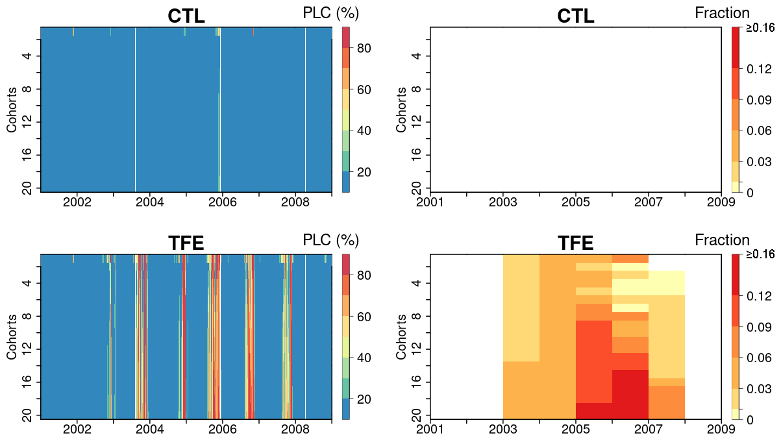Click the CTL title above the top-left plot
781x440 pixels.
[x=186, y=16]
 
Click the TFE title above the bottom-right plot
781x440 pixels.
[x=576, y=243]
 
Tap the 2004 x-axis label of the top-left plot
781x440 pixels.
[x=149, y=202]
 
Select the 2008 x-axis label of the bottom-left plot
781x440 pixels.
[x=295, y=430]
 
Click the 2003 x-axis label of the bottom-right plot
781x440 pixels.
[x=503, y=430]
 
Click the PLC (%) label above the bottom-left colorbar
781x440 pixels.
[x=331, y=240]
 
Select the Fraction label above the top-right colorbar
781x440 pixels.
[x=722, y=13]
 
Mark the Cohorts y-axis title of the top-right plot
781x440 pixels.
[x=402, y=109]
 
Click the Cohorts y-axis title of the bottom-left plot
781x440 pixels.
[x=12, y=336]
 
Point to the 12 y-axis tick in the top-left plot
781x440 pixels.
[x=28, y=122]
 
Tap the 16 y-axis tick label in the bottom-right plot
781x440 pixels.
[x=417, y=382]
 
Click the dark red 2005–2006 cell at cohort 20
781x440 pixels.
[x=594, y=411]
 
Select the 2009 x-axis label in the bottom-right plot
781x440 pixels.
[x=721, y=430]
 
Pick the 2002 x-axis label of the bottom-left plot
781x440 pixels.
[x=77, y=430]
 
